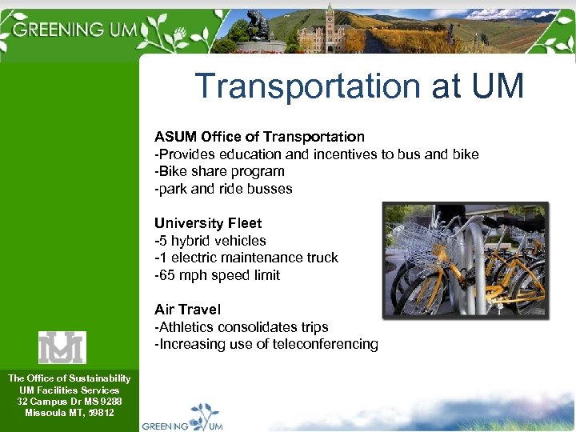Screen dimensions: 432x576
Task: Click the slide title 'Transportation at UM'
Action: tap(359, 86)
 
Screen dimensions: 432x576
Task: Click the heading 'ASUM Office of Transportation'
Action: tap(259, 137)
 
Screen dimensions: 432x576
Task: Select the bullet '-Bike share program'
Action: tap(219, 171)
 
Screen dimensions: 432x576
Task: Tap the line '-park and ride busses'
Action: tap(223, 189)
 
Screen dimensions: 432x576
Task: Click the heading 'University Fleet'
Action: tap(208, 223)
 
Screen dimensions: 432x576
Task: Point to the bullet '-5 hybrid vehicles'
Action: tap(210, 241)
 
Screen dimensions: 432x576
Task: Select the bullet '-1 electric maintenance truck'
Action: tap(246, 258)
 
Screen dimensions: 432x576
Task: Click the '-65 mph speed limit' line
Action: tap(217, 275)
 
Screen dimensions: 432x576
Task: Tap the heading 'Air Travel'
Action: tap(187, 310)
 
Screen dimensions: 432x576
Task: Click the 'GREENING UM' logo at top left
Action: tap(76, 30)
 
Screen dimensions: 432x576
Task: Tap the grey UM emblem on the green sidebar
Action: tap(62, 347)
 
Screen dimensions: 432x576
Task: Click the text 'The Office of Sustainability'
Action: tap(69, 378)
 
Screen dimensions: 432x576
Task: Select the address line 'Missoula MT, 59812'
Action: tap(69, 413)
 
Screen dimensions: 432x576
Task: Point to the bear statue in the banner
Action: tap(258, 26)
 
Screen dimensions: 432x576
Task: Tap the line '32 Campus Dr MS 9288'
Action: tap(69, 401)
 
